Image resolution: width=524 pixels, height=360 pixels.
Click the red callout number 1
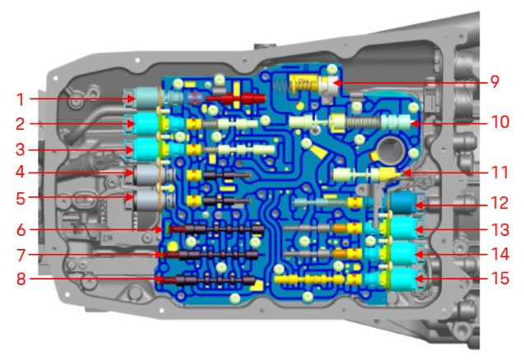point(21,99)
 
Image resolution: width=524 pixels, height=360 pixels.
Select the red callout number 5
point(21,198)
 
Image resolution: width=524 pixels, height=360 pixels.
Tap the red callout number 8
point(21,279)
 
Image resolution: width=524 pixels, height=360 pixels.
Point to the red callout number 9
point(494,82)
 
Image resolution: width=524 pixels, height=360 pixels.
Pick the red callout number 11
point(499,173)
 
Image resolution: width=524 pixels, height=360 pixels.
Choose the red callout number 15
point(500,278)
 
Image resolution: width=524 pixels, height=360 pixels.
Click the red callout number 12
point(499,203)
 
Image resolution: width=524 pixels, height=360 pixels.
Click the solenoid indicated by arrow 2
point(145,123)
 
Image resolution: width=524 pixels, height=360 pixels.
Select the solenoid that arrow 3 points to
point(145,150)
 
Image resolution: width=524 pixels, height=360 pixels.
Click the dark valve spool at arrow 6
point(216,229)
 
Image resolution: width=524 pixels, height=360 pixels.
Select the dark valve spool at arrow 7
point(211,255)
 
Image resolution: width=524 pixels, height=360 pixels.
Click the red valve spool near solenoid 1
point(235,98)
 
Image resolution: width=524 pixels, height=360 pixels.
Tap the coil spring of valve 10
point(364,122)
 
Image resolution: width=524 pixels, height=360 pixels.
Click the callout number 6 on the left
point(21,230)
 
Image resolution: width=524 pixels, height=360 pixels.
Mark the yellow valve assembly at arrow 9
point(304,85)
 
